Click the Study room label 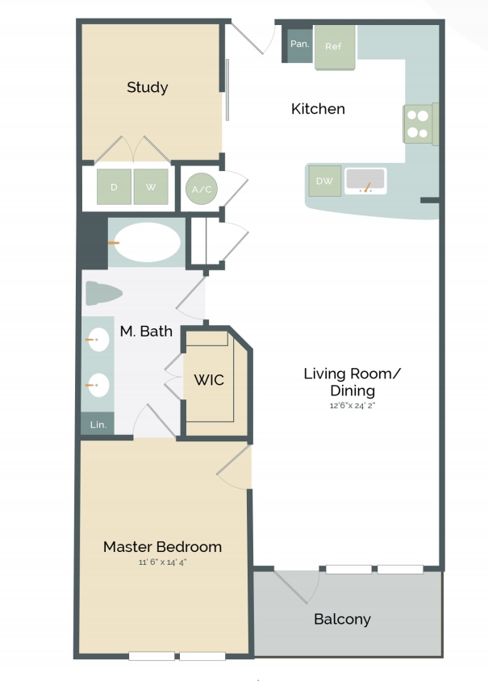(x=147, y=87)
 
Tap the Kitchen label (x=318, y=108)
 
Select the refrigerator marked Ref (x=334, y=47)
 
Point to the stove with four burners (x=419, y=123)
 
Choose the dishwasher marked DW (x=324, y=182)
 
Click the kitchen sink (x=366, y=181)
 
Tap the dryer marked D (x=114, y=187)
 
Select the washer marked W (x=151, y=187)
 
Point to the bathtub (x=146, y=241)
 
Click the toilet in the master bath (x=103, y=293)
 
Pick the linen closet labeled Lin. (x=97, y=424)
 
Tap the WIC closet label (x=208, y=379)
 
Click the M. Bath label (x=146, y=331)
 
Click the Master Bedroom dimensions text (x=162, y=562)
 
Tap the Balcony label (x=342, y=619)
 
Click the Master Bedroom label (x=162, y=546)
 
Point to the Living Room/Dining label (x=352, y=382)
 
